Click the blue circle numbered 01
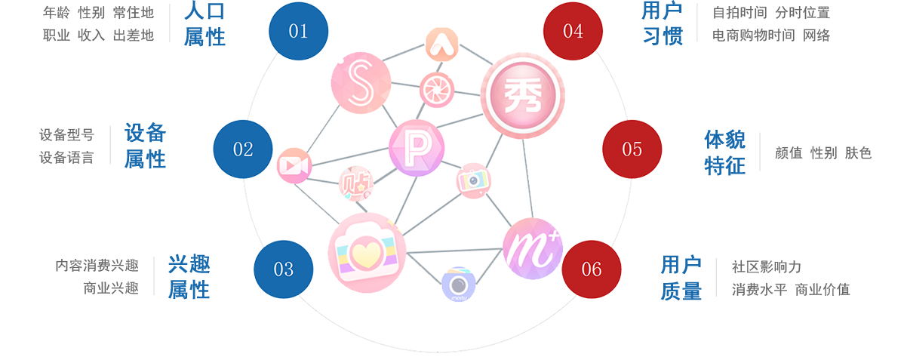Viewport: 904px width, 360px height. (299, 31)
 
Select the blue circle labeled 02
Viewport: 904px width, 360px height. (243, 149)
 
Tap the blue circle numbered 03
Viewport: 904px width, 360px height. (283, 269)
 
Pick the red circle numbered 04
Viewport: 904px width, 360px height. (573, 31)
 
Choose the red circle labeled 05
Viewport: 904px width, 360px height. (632, 149)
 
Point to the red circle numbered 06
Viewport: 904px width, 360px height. (592, 269)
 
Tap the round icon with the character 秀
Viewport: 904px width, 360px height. (524, 94)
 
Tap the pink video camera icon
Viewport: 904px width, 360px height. (293, 166)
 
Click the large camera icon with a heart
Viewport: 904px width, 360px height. (367, 251)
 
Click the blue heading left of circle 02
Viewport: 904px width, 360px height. (145, 146)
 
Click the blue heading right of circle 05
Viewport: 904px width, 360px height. (725, 152)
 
